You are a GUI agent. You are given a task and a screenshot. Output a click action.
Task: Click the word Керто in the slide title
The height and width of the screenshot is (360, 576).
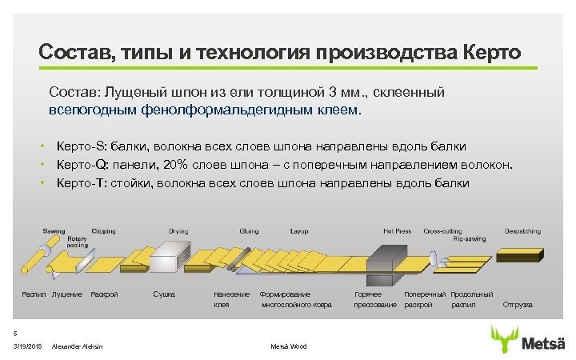(491, 53)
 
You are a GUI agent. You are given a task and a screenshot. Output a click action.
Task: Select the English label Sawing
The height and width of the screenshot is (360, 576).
(54, 231)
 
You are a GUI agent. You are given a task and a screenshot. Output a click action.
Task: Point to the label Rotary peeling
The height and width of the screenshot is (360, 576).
(77, 242)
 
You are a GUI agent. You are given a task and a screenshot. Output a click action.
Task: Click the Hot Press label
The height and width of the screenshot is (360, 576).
(397, 231)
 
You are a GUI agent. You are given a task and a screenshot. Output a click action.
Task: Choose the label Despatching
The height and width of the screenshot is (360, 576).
(522, 231)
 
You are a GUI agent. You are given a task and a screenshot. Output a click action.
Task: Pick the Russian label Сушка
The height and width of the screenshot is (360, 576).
(164, 294)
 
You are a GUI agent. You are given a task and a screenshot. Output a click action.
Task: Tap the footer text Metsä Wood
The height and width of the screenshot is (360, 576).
(288, 346)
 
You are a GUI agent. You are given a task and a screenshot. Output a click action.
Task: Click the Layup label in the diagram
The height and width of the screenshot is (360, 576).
(299, 231)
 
